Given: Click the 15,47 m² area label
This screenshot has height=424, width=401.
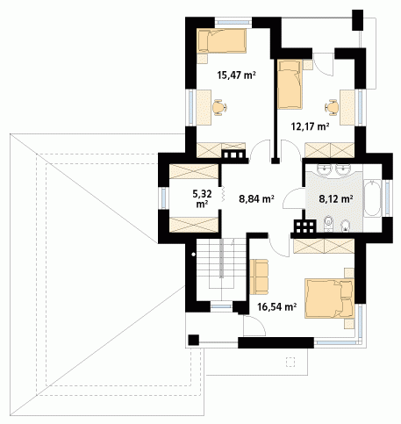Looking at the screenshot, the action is (x=237, y=75).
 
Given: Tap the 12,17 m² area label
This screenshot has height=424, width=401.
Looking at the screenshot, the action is (x=311, y=126).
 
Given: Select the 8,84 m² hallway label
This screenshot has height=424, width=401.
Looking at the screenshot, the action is (x=256, y=199).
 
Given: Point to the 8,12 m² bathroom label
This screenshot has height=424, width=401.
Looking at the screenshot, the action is (x=336, y=199).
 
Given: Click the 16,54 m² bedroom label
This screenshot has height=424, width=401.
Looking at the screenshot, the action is (x=277, y=306).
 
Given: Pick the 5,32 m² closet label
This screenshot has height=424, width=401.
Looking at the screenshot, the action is (x=202, y=198).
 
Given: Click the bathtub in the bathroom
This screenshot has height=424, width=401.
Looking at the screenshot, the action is (x=372, y=198).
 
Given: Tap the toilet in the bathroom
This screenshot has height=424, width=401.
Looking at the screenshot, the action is (x=328, y=224).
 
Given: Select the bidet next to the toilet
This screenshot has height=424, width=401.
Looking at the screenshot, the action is (x=346, y=226).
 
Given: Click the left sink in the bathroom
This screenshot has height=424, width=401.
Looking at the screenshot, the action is (x=324, y=170).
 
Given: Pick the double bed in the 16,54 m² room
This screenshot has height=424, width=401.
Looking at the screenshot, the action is (x=329, y=298).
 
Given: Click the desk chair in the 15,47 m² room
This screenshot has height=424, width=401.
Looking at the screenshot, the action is (x=219, y=107).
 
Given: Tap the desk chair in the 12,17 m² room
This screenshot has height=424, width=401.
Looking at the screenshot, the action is (x=332, y=107).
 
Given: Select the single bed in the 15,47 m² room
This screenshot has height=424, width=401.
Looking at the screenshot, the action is (x=222, y=40).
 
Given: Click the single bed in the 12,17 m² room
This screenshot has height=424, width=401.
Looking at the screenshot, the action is (x=290, y=84).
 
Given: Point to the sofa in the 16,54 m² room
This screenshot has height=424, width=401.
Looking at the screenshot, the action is (x=259, y=277).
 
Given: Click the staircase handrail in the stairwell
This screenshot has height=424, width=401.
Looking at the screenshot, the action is (x=221, y=258).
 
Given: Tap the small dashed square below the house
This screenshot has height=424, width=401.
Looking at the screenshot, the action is (x=290, y=362).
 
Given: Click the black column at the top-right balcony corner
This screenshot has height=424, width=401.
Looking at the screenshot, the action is (x=357, y=20).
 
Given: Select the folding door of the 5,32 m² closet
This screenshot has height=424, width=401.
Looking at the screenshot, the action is (x=222, y=194).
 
